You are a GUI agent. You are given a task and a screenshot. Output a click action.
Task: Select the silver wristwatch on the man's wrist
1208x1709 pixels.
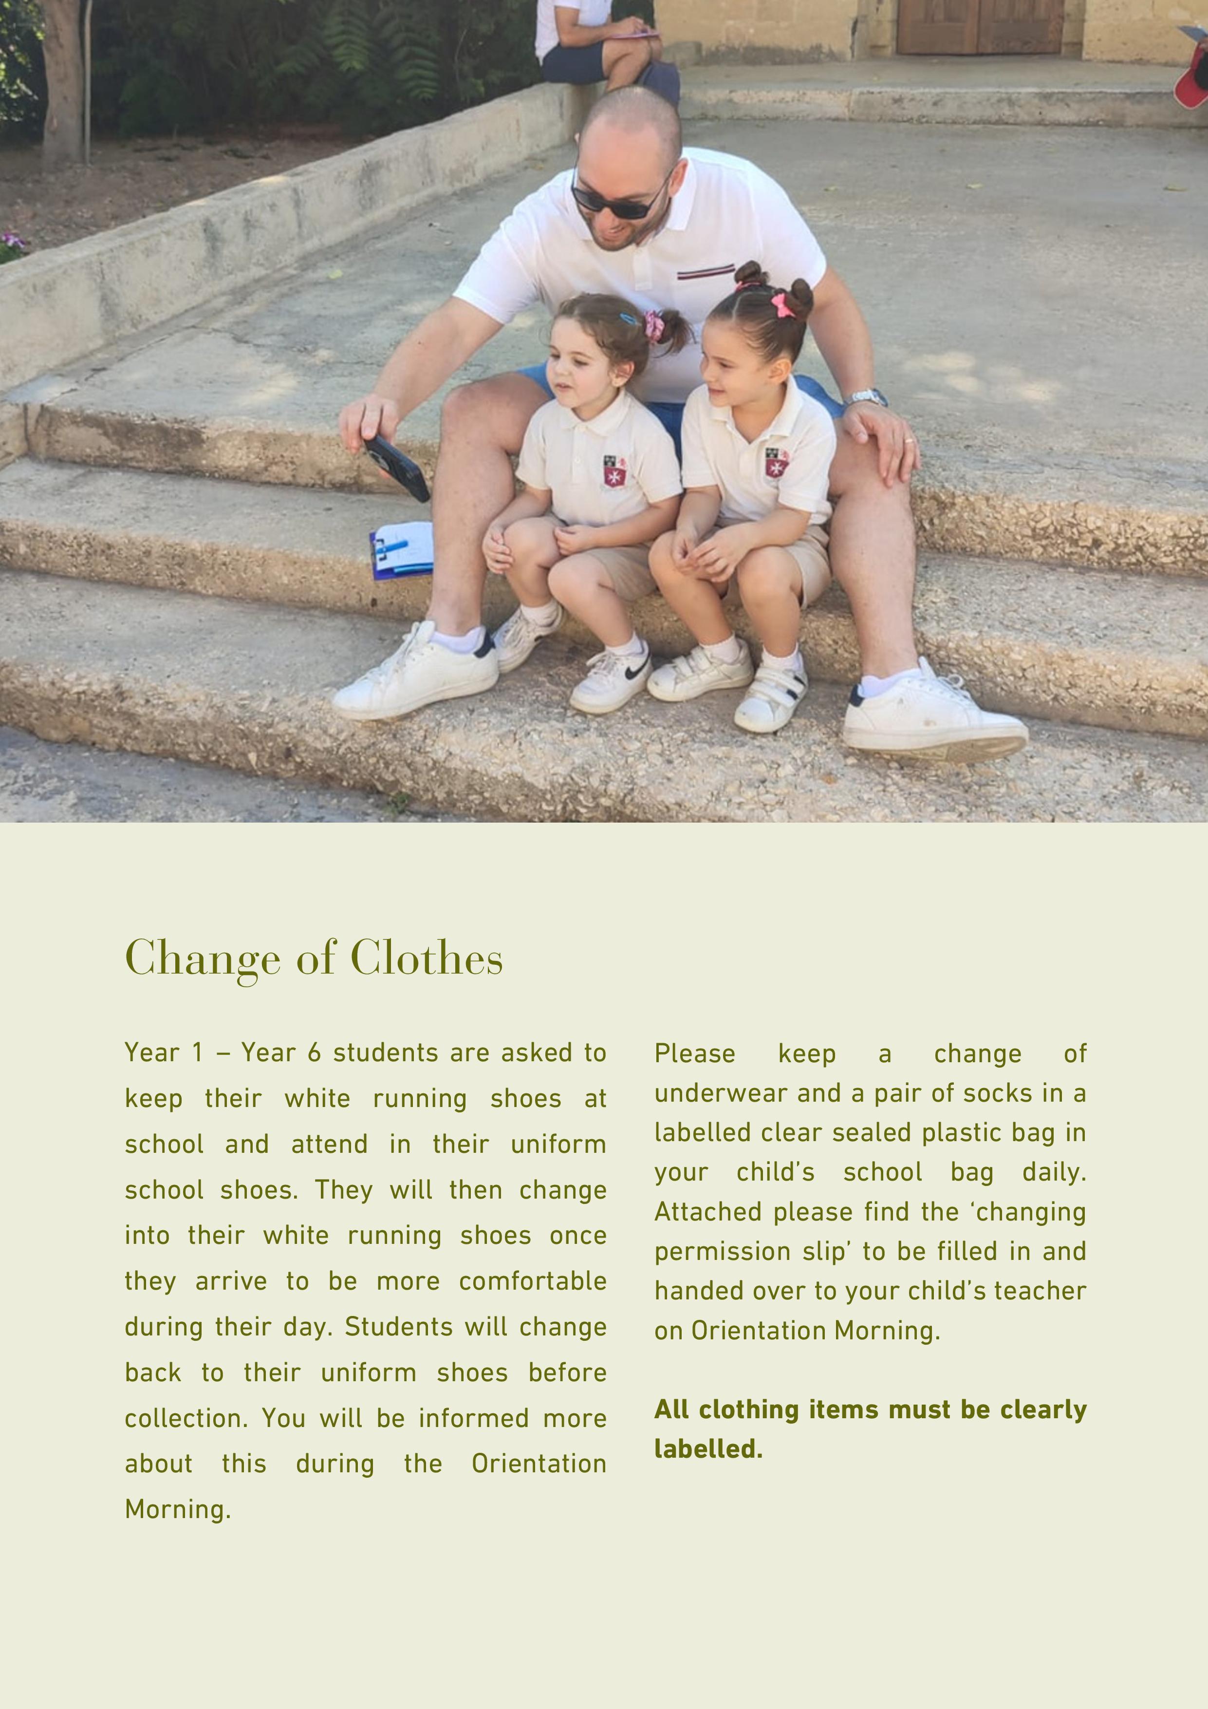(x=865, y=397)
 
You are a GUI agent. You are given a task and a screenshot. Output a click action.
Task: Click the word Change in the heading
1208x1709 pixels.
(x=203, y=958)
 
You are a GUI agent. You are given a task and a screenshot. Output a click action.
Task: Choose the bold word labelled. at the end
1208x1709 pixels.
(x=708, y=1449)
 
